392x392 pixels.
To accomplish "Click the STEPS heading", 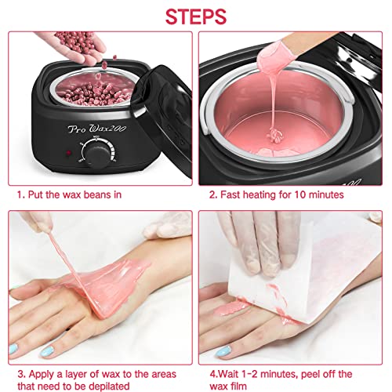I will pyautogui.click(x=196, y=16).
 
